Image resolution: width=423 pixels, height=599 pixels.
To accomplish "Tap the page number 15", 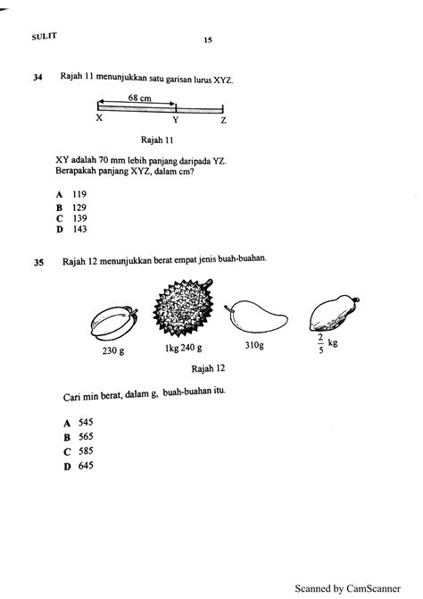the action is point(207,40).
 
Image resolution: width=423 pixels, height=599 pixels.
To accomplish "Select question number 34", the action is point(37,78).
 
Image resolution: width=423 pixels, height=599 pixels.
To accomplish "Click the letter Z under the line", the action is point(223,119).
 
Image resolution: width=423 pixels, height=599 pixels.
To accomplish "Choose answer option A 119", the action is point(71,194).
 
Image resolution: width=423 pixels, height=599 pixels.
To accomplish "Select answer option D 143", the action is point(71,229).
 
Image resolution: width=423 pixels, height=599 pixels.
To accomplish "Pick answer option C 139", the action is point(71,217).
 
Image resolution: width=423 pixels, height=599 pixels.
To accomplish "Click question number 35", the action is point(37,263).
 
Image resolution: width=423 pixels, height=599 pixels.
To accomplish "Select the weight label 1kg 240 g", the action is point(184,350).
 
